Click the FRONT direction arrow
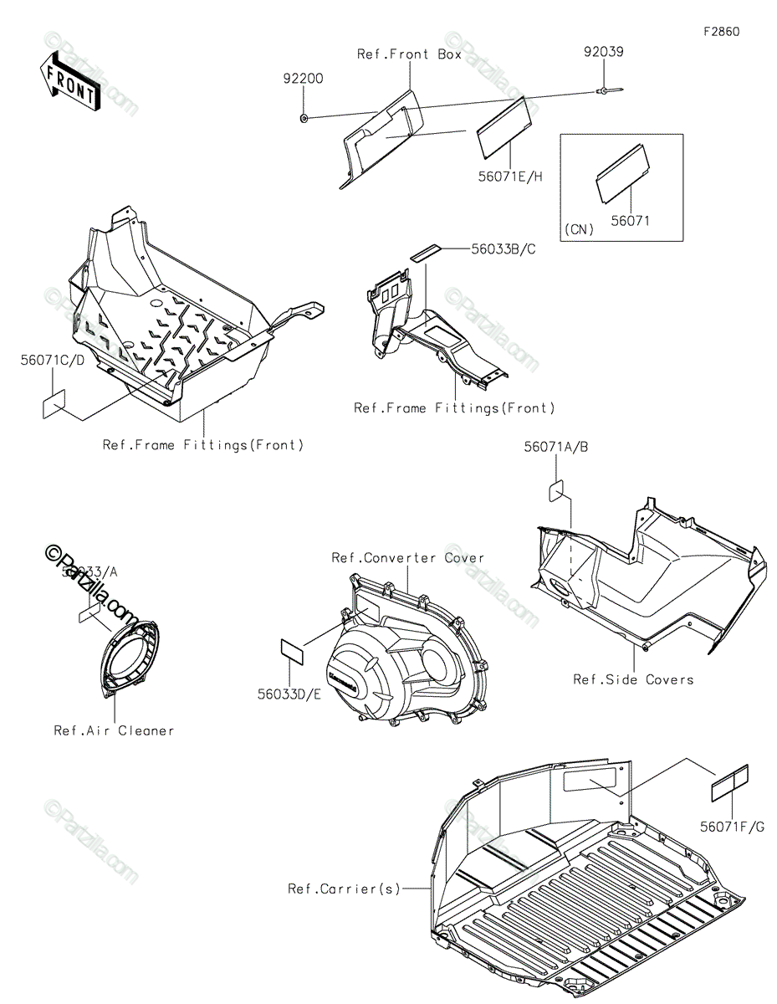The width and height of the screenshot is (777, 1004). [69, 80]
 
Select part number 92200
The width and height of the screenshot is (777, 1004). [302, 79]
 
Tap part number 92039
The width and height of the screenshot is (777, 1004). [603, 52]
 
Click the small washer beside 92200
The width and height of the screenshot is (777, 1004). [303, 118]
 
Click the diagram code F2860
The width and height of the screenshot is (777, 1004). [720, 32]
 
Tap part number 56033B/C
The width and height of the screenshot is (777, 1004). [503, 248]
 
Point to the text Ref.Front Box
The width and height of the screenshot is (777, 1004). [409, 54]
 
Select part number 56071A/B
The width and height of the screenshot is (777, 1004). [556, 448]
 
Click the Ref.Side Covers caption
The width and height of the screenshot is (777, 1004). [633, 679]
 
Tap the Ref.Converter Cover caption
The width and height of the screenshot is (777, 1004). [407, 558]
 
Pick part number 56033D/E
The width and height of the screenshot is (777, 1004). [289, 694]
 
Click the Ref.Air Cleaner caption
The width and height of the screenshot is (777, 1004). [115, 730]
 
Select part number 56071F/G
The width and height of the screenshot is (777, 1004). [733, 827]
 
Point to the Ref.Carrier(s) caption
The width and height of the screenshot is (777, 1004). [345, 889]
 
